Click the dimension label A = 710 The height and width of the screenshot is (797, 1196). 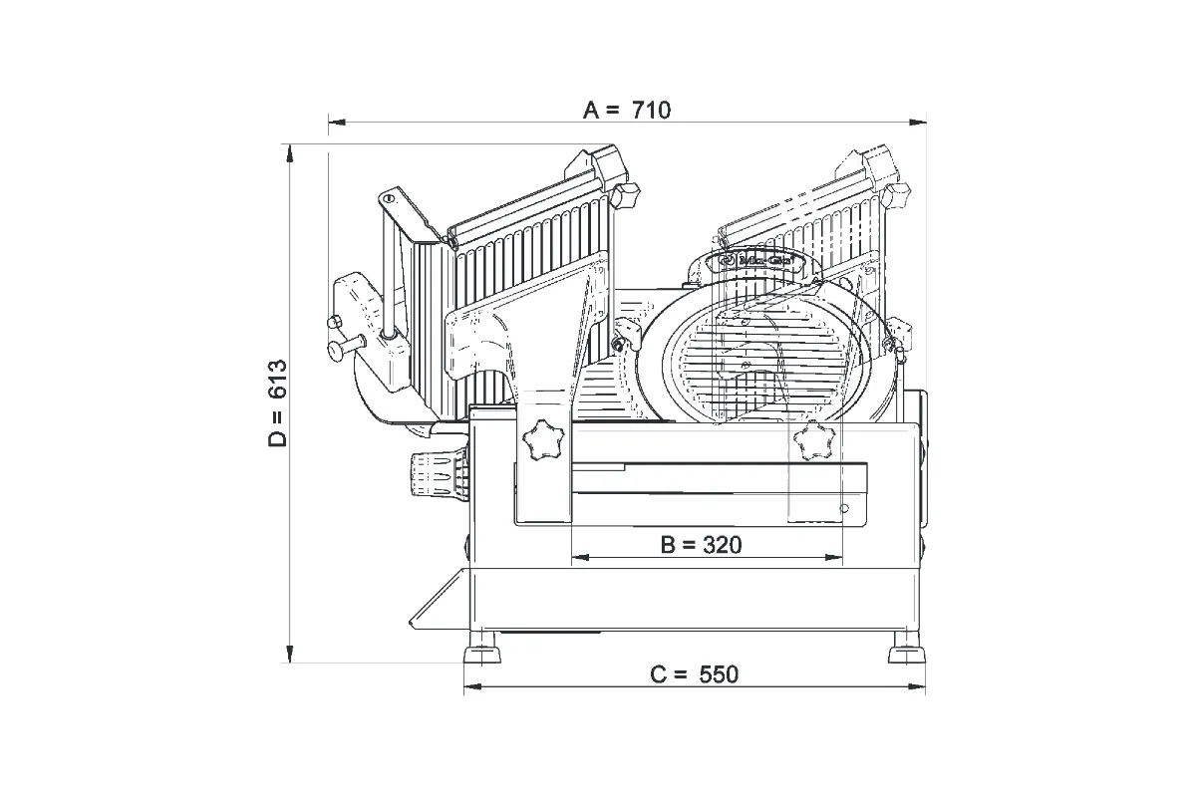[x=627, y=110]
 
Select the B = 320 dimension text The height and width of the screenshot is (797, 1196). [x=702, y=544]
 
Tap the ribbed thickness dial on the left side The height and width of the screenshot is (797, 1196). [x=436, y=476]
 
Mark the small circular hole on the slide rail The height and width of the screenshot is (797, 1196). [x=844, y=509]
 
